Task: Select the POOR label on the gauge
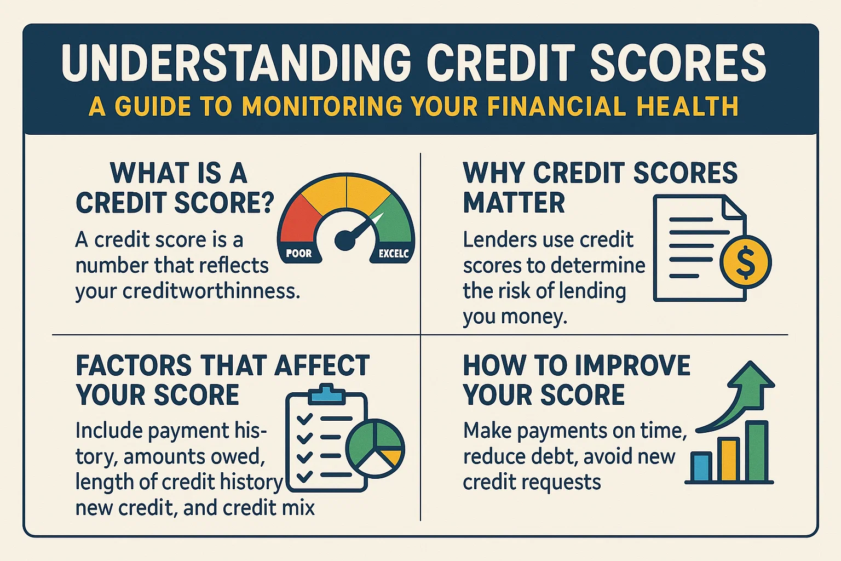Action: point(299,254)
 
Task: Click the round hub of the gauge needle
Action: point(345,239)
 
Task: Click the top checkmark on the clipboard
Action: point(304,419)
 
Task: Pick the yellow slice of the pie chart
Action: point(391,456)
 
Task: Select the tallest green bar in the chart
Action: point(758,451)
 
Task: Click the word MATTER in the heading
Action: point(514,203)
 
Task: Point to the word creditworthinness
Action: point(211,291)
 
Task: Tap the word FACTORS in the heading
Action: point(134,365)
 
